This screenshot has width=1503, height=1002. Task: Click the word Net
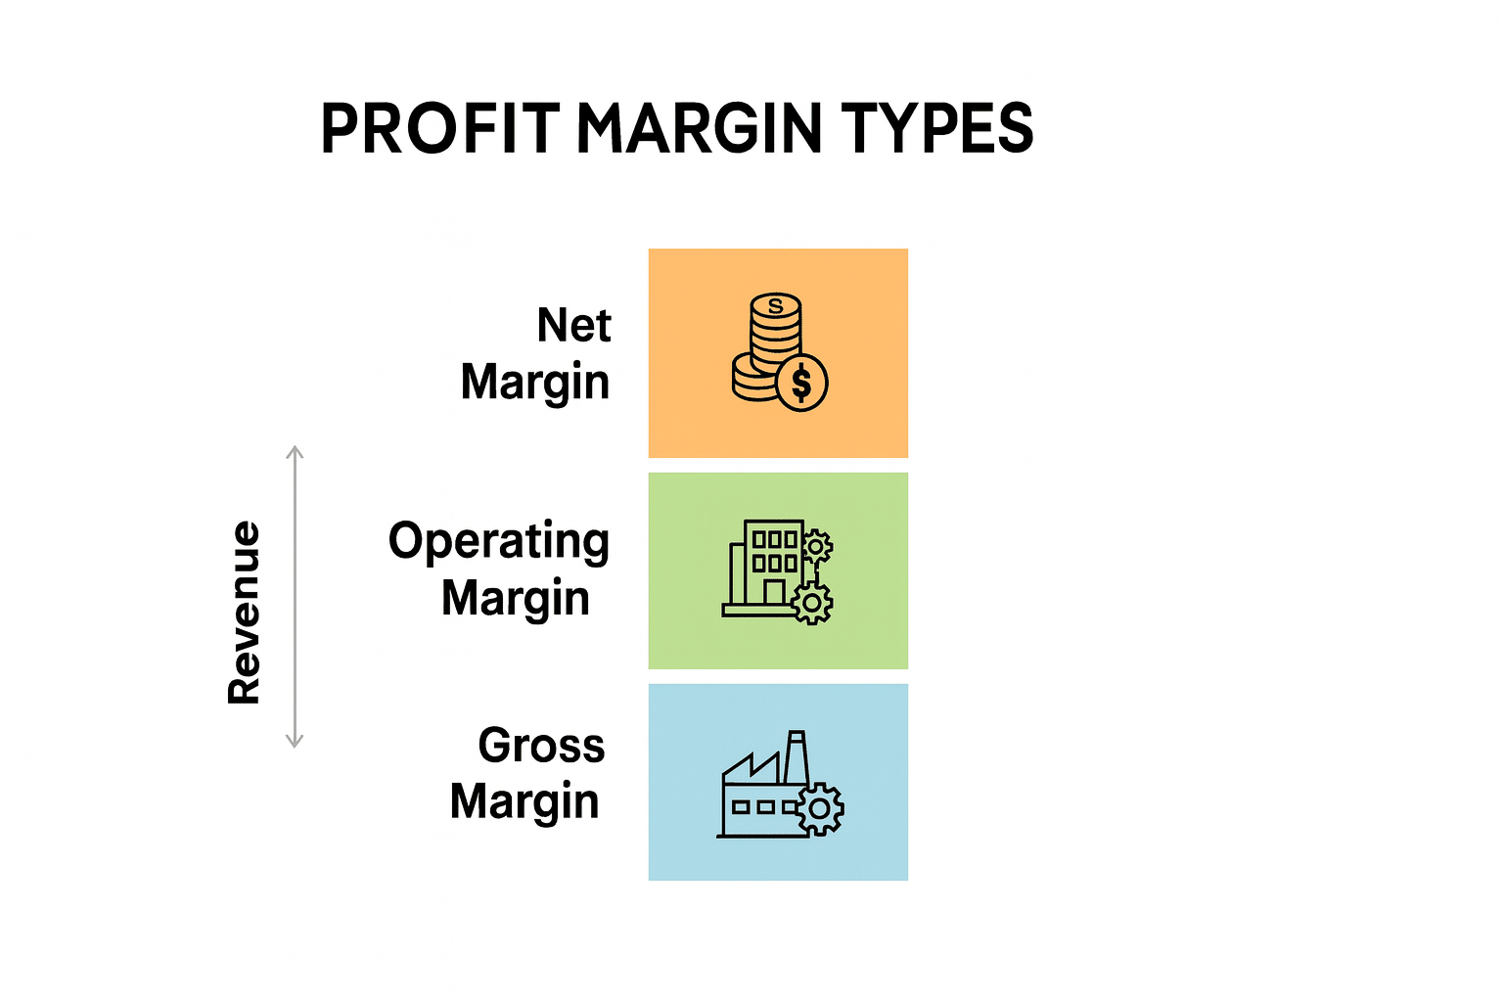tap(573, 325)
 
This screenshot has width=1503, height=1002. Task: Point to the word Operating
tap(498, 542)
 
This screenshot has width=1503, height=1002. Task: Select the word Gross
tap(541, 746)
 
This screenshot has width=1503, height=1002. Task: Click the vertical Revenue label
tap(245, 613)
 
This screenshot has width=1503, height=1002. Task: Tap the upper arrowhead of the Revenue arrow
tap(295, 452)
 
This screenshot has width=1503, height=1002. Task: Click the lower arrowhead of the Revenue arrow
tap(295, 741)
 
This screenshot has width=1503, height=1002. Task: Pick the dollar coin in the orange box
tap(801, 383)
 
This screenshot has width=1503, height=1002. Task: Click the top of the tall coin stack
tap(776, 306)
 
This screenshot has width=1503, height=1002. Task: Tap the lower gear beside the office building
tap(812, 603)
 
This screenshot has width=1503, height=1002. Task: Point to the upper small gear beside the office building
tap(817, 546)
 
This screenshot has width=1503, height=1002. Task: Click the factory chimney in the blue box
tap(797, 755)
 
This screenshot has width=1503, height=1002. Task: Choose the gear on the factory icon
tap(820, 809)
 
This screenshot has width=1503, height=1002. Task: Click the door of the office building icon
tap(774, 593)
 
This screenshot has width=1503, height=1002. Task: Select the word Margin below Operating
tap(516, 598)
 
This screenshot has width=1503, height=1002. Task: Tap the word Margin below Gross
tap(524, 801)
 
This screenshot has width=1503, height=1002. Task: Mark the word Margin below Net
tap(535, 383)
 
